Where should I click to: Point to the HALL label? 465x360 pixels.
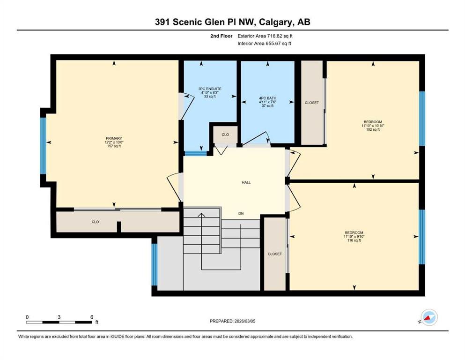click(246, 182)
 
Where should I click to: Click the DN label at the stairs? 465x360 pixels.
click(241, 213)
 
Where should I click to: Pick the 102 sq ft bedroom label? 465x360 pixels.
click(373, 126)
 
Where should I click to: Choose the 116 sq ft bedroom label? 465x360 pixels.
click(354, 237)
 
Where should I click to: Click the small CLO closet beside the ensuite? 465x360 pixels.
click(225, 135)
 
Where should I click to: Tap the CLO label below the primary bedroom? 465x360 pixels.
click(95, 222)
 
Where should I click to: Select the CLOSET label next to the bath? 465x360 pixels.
click(312, 103)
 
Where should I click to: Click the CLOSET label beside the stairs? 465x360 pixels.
click(274, 254)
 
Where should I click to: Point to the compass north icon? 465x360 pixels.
click(429, 317)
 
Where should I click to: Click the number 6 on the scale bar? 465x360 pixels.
click(92, 317)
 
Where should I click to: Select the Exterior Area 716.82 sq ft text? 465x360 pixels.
click(265, 36)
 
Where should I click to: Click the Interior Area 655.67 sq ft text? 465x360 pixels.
click(264, 44)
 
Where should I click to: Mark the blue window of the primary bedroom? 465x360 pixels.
click(43, 146)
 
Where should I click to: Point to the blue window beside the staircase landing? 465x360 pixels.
click(155, 265)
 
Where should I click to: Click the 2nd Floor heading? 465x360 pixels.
click(221, 36)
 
